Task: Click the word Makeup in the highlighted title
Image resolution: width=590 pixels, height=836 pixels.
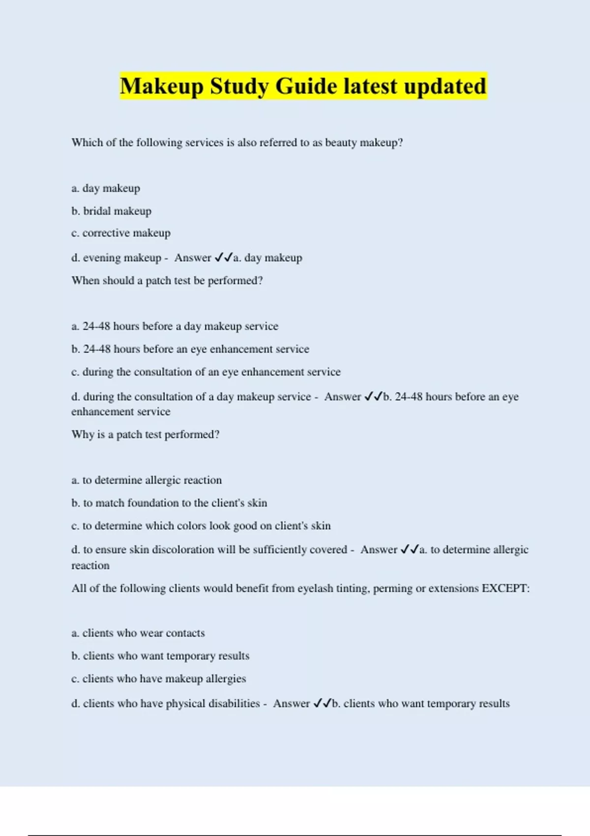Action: coord(161,87)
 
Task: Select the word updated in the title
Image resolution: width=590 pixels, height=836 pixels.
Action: coord(445,87)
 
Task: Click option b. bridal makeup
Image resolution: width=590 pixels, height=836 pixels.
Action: coord(111,211)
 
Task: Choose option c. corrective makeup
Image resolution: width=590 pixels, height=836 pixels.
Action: coord(121,233)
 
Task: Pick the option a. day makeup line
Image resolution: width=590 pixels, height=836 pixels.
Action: coord(106,188)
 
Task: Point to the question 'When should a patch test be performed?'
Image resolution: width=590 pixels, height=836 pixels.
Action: coord(167,281)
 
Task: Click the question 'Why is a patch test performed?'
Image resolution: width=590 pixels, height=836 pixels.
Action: coord(146,435)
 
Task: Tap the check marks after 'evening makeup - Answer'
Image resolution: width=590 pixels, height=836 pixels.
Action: coord(224,258)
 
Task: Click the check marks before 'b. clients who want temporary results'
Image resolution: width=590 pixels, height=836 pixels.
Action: coord(323,703)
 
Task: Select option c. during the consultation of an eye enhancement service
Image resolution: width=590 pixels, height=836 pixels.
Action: coord(206,372)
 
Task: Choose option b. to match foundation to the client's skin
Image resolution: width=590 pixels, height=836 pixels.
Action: coord(169,503)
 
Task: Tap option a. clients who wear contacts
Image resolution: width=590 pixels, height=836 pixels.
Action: coord(138,633)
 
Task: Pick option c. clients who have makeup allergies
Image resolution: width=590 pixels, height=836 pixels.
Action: coord(158,679)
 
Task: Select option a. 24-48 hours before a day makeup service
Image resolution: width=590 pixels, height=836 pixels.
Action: coord(175,327)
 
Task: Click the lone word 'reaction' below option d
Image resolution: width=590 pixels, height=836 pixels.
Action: coord(90,566)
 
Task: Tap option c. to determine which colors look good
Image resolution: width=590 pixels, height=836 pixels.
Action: coord(201,526)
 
